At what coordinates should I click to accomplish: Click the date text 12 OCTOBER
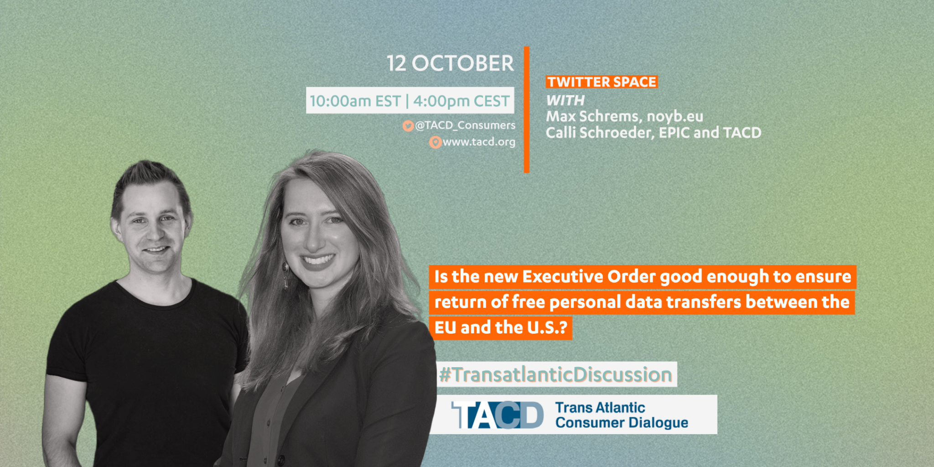click(450, 63)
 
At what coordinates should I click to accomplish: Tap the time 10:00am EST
click(355, 101)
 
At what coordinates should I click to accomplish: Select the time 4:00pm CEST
click(461, 101)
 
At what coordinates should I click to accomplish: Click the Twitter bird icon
click(408, 125)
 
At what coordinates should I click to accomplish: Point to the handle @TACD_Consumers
click(465, 125)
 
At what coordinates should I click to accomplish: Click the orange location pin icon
click(436, 142)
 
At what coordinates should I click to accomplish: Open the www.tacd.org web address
click(479, 142)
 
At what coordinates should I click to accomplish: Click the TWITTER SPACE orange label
click(602, 82)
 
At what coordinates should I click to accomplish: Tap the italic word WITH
click(566, 100)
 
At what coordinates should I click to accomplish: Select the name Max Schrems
click(595, 116)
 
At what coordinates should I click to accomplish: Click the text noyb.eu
click(675, 116)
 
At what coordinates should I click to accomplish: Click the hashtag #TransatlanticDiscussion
click(555, 374)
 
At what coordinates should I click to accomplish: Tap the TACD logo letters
click(498, 415)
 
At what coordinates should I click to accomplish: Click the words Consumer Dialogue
click(622, 423)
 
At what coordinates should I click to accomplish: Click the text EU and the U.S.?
click(501, 327)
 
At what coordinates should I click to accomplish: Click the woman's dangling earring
click(285, 275)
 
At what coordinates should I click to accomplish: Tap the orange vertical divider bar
click(526, 109)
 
